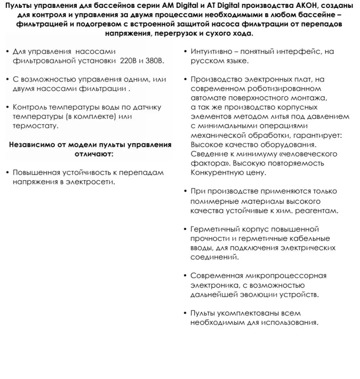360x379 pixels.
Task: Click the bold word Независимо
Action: click(x=29, y=145)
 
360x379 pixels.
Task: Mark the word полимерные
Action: click(x=213, y=201)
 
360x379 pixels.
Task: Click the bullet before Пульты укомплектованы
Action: click(x=185, y=313)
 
